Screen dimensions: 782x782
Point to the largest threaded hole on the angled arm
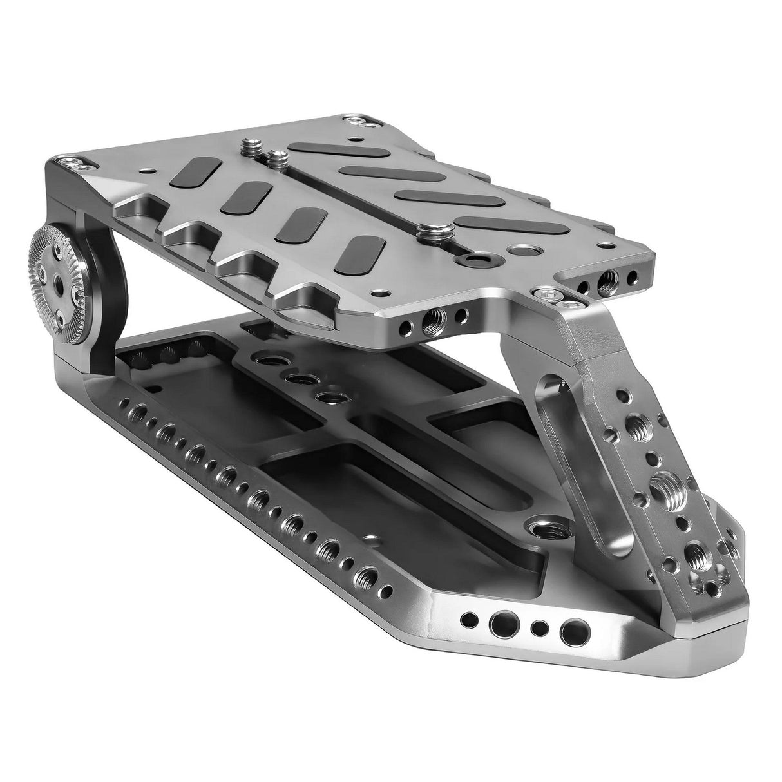pyautogui.click(x=659, y=481)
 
